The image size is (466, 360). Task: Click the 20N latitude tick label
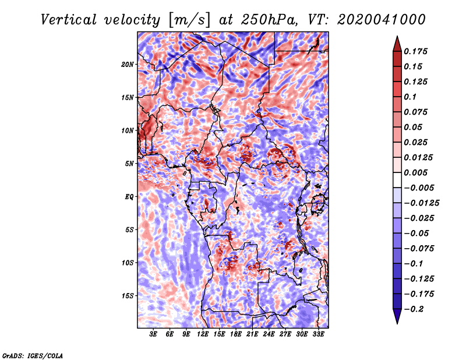coord(128,64)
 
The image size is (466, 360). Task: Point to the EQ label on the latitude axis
coord(129,196)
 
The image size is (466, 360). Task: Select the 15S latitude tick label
coord(128,295)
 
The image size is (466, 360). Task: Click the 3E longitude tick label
coord(154,334)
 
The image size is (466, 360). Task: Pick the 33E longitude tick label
coord(318,334)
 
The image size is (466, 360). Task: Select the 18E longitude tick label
coord(236,334)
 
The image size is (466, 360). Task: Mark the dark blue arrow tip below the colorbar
coord(396,319)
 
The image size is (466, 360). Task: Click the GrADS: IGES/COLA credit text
coord(32,355)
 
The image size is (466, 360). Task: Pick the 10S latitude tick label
coord(128,263)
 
